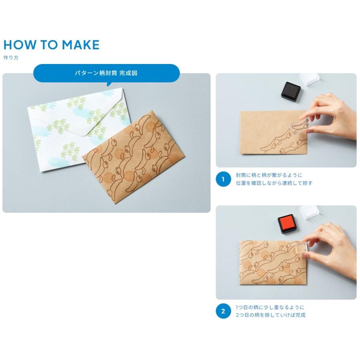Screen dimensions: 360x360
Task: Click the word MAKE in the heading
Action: (x=80, y=45)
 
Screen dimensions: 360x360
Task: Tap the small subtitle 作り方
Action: (x=11, y=58)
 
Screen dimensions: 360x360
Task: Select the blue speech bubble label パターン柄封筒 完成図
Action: (x=106, y=73)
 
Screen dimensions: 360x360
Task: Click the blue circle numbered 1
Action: (x=223, y=179)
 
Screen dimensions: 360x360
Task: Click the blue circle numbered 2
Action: (x=223, y=311)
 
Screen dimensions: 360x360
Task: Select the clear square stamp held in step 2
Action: (x=302, y=248)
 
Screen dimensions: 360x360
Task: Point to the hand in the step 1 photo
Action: (x=333, y=117)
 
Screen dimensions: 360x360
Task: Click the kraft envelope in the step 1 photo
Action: (x=274, y=133)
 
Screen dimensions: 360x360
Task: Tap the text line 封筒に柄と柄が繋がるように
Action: (x=269, y=175)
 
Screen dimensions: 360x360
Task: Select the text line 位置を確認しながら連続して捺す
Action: (x=274, y=183)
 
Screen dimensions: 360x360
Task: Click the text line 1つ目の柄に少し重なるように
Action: (x=270, y=307)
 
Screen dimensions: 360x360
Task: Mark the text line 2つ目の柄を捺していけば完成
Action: (x=270, y=315)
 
